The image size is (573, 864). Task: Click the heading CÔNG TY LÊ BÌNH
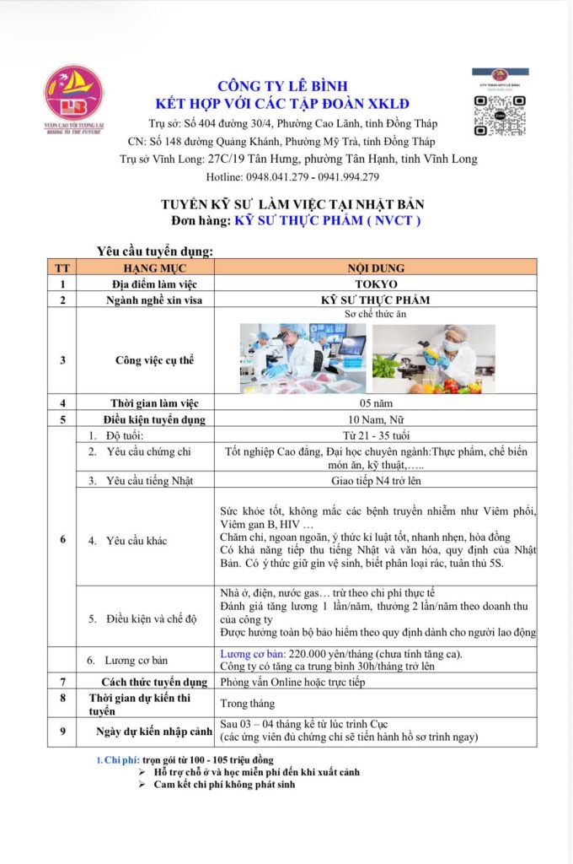(282, 86)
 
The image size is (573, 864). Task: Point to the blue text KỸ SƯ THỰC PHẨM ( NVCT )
(328, 221)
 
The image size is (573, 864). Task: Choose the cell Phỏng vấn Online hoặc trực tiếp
(292, 682)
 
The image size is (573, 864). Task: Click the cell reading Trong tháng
(247, 703)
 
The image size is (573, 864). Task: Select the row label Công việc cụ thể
(154, 360)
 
